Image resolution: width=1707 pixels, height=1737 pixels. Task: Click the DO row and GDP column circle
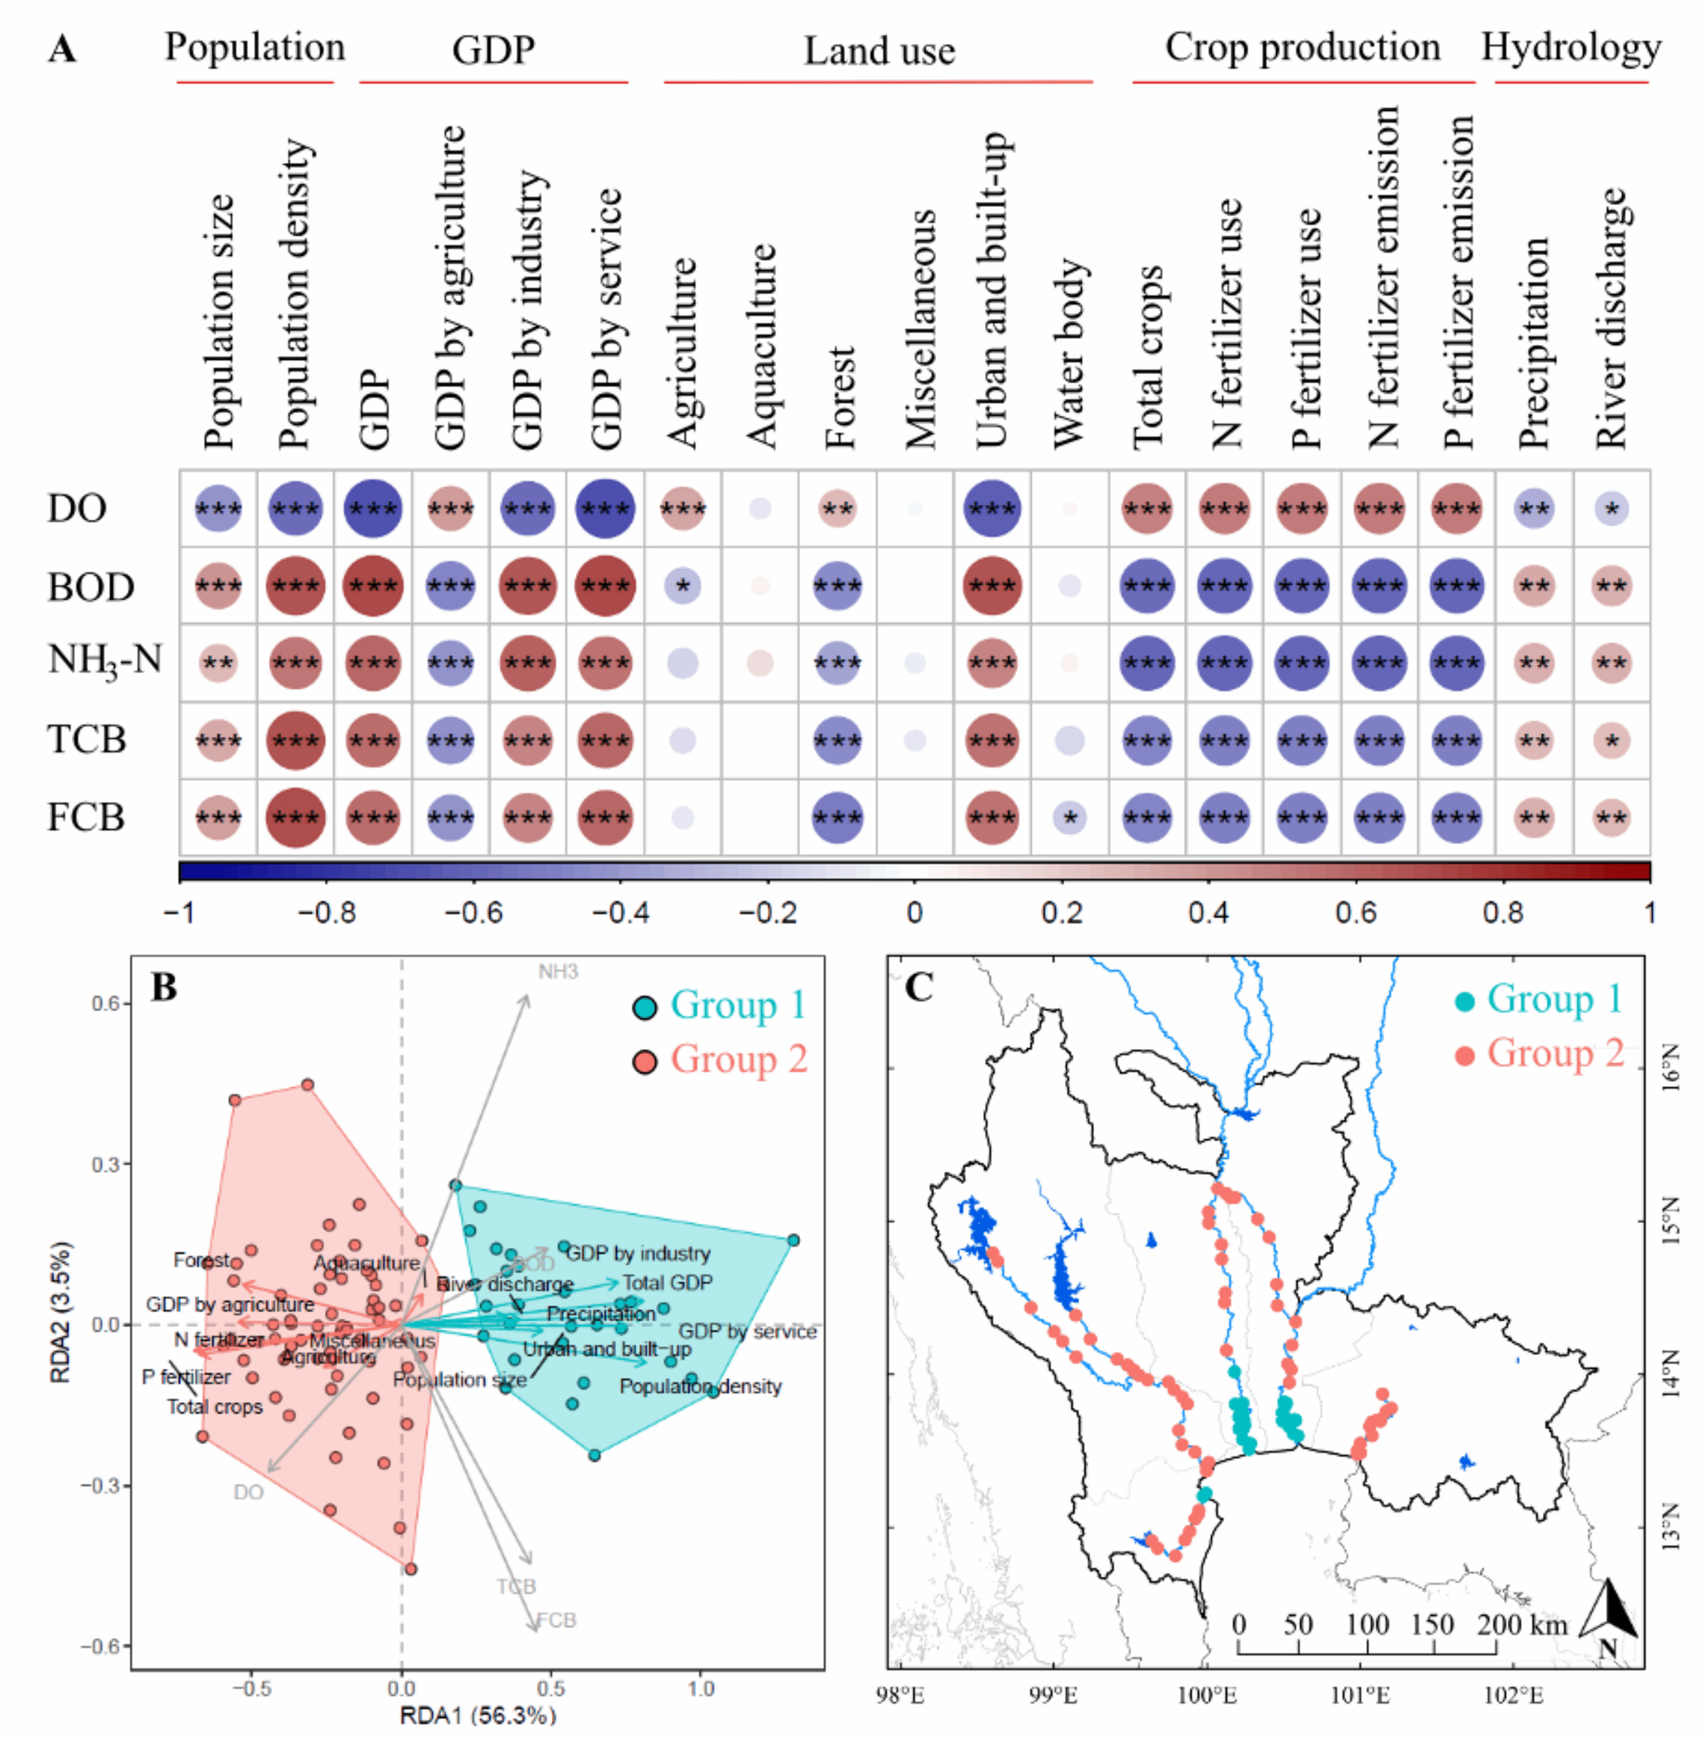coord(373,508)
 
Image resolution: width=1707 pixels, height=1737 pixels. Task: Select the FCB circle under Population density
coord(295,817)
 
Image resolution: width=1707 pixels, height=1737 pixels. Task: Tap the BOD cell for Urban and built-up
coord(992,586)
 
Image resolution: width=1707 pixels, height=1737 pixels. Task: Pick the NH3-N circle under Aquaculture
coord(760,663)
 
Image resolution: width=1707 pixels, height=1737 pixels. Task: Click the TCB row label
coord(86,741)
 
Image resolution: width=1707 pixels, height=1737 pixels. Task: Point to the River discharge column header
coord(1611,318)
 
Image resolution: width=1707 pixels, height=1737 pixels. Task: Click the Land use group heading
coord(879,51)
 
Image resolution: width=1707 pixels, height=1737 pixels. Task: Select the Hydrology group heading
coord(1571,47)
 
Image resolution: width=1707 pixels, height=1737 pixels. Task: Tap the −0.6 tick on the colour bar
coord(473,912)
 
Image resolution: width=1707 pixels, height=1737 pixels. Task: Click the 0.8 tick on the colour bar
coord(1503,912)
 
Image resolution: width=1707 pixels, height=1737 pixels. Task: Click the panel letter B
coord(164,987)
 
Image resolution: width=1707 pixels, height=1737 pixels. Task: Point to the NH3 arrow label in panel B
coord(558,971)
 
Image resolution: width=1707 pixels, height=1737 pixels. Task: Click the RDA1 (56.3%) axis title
coord(477,1715)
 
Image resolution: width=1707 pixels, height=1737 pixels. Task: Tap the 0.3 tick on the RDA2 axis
coord(106,1165)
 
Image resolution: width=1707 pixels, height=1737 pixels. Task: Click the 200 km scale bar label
coord(1521,1625)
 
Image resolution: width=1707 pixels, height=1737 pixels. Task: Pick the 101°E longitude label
coord(1359,1696)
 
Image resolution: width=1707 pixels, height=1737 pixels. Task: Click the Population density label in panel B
coord(700,1386)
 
